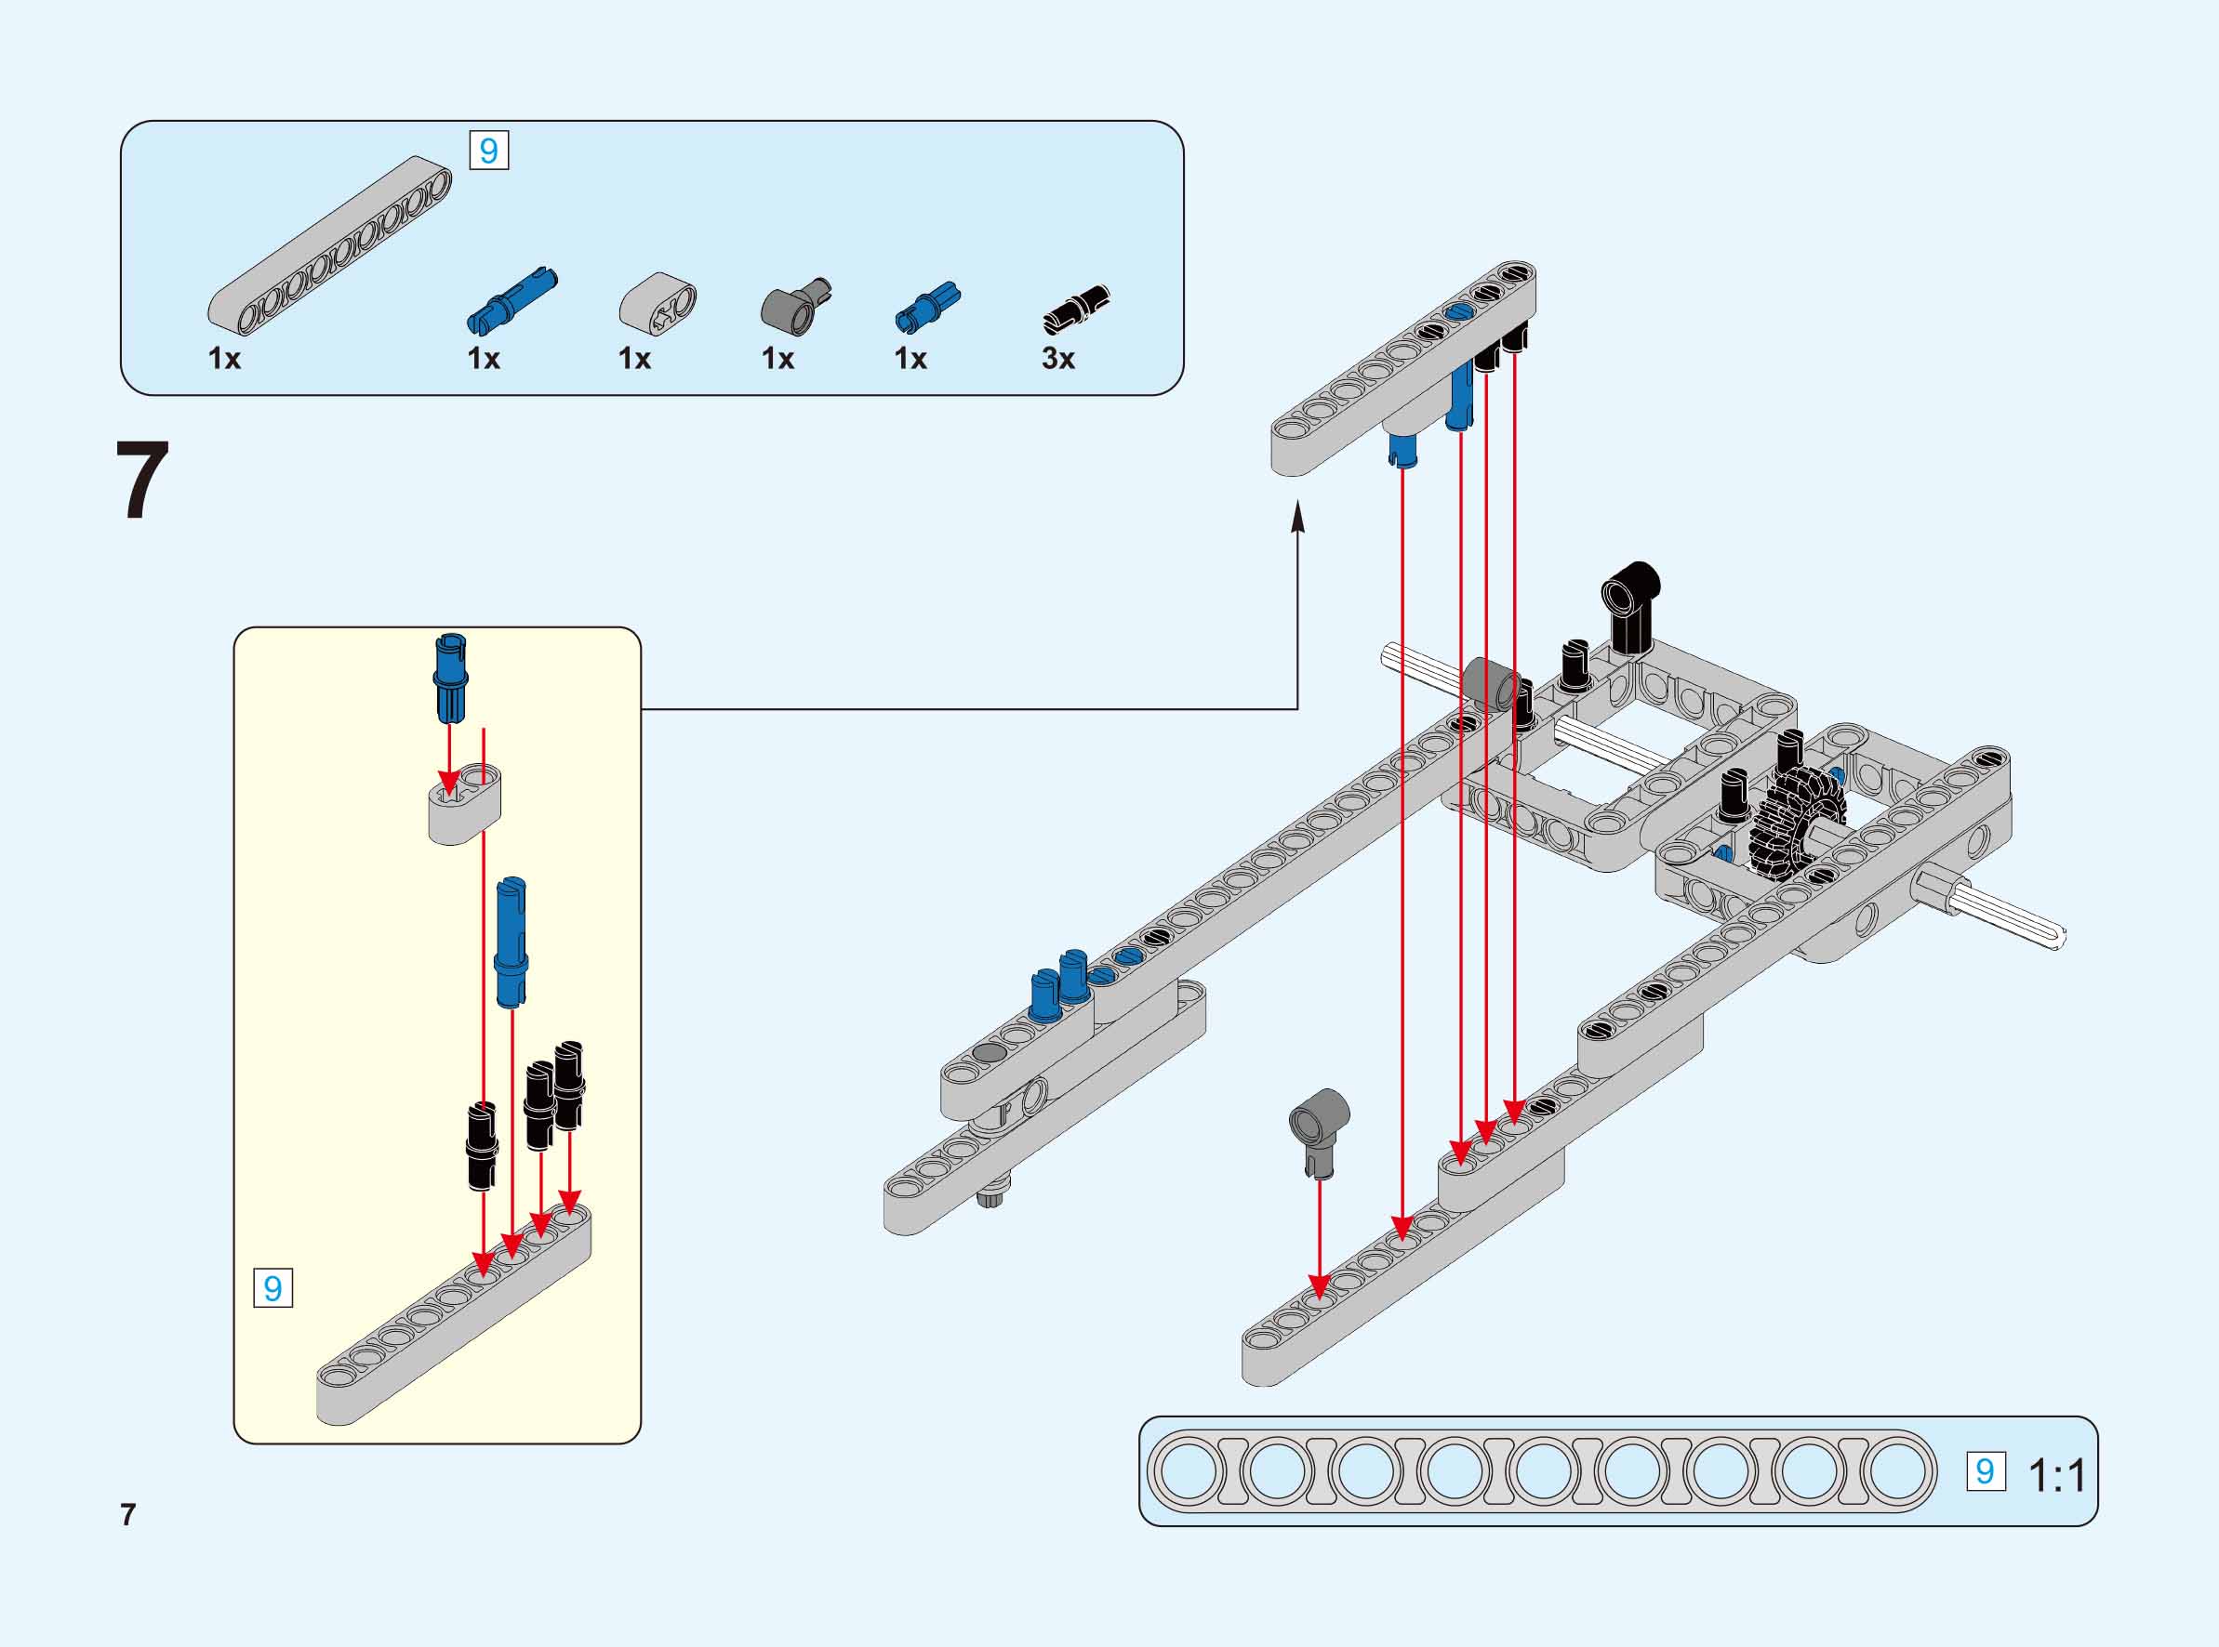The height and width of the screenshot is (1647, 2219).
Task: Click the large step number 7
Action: tap(142, 481)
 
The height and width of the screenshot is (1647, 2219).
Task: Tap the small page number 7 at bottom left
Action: tap(127, 1514)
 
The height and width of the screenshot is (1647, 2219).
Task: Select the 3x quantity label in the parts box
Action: tap(1058, 359)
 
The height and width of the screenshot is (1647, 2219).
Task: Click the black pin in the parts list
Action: tap(1076, 307)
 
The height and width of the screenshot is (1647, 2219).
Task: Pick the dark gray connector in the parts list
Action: tap(795, 305)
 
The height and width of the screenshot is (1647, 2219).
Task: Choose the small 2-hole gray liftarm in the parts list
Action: tap(658, 302)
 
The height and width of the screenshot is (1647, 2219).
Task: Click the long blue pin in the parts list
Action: tap(512, 299)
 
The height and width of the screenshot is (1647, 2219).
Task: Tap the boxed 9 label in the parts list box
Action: tap(488, 151)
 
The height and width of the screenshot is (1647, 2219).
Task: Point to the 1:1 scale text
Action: tap(2056, 1474)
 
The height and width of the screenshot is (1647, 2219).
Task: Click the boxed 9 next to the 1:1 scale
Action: tap(1985, 1471)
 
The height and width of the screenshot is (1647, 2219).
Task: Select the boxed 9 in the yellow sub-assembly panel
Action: tap(273, 1288)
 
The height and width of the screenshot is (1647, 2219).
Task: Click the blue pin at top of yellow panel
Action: tap(451, 677)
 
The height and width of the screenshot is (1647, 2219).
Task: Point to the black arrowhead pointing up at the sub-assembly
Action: tap(1297, 519)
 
